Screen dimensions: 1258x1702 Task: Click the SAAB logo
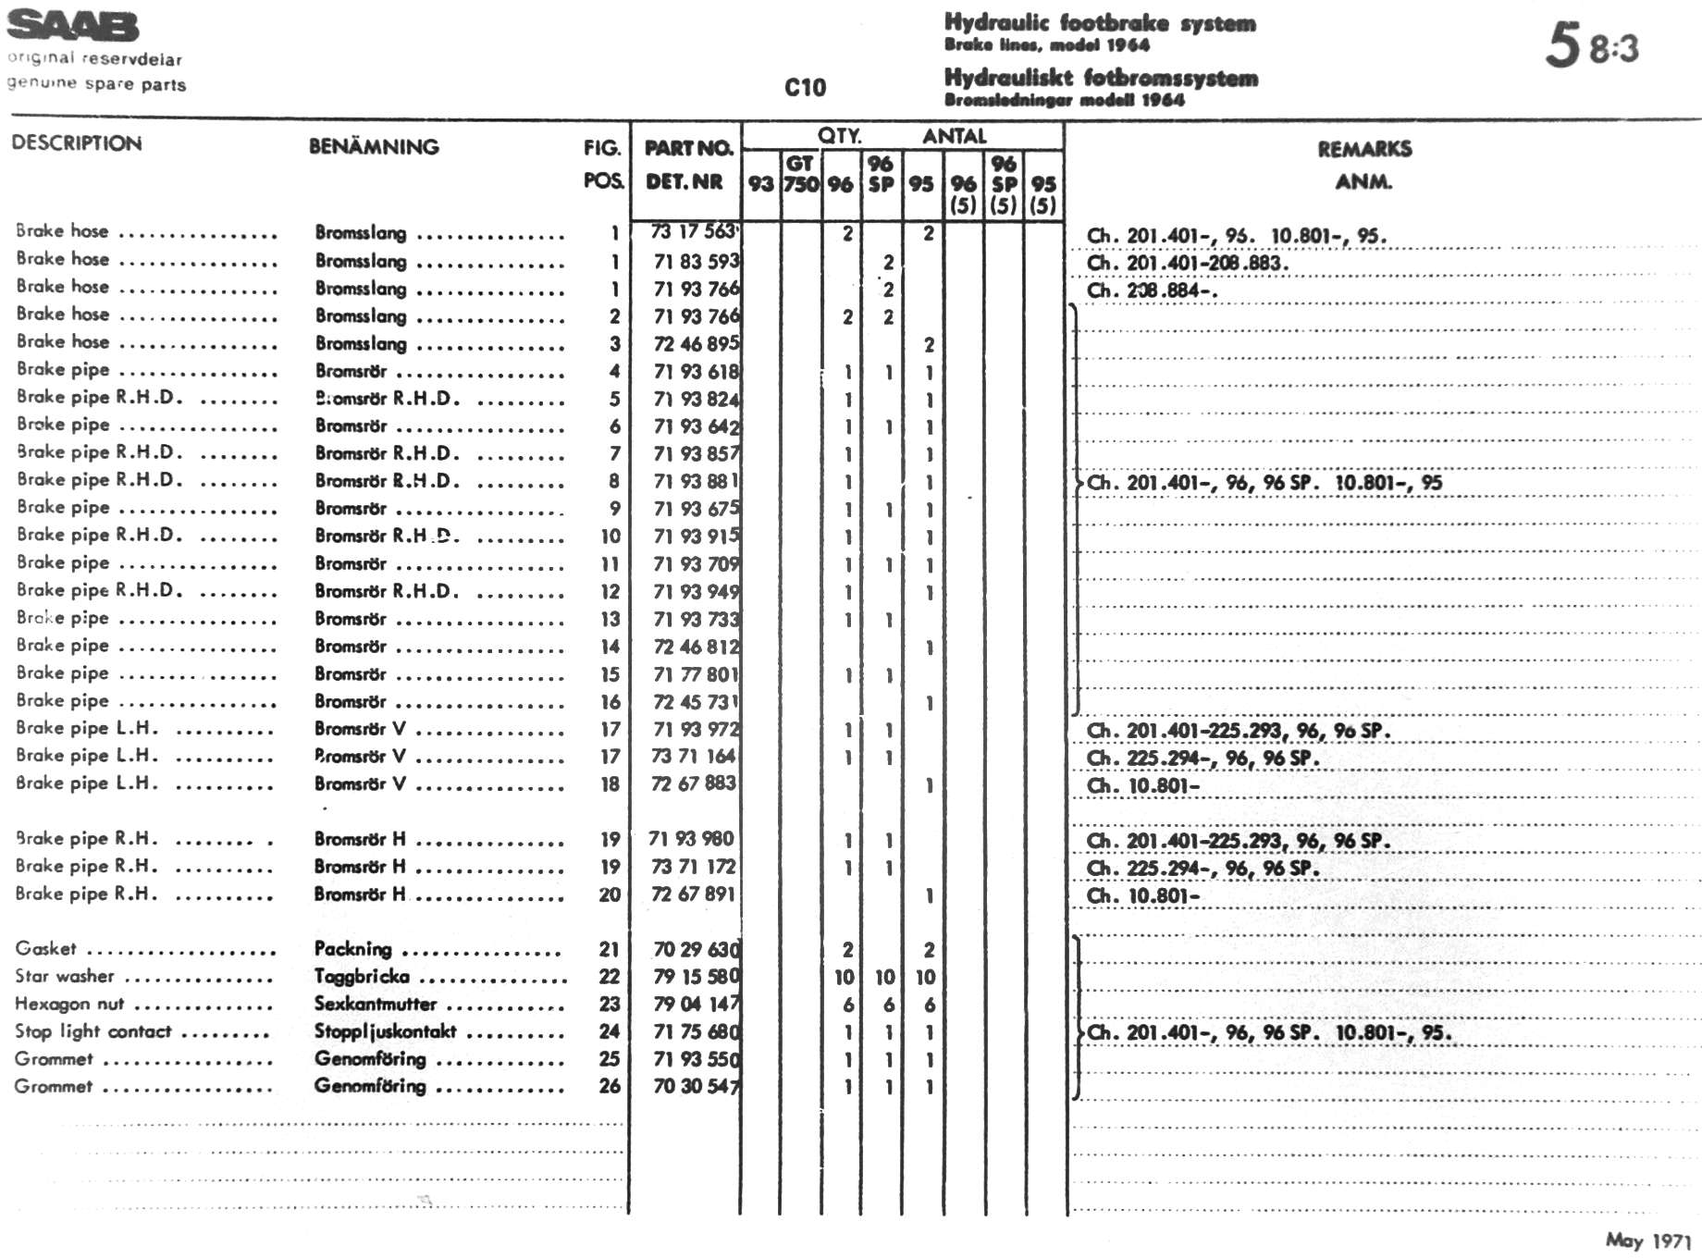(x=73, y=26)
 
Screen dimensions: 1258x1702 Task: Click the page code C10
(x=805, y=88)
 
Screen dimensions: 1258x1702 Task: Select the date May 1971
(x=1647, y=1240)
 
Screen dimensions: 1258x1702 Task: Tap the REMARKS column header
(x=1364, y=149)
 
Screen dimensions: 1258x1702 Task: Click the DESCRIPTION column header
(x=77, y=143)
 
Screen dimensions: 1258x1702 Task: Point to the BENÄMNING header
(x=374, y=146)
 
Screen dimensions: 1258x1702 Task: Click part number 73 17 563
(x=694, y=232)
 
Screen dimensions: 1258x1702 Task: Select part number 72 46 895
(x=696, y=343)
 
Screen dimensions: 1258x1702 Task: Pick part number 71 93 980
(x=691, y=839)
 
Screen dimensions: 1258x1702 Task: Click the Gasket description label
(x=46, y=948)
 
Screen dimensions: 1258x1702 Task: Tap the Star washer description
(x=65, y=976)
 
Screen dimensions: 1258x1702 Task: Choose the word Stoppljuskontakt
(x=385, y=1031)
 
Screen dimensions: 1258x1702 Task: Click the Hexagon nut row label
(x=69, y=1004)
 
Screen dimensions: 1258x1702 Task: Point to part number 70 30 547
(x=696, y=1086)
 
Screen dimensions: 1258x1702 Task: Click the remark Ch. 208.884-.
(x=1152, y=290)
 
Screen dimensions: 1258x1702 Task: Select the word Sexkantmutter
(x=375, y=1004)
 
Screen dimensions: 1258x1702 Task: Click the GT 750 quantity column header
(x=800, y=174)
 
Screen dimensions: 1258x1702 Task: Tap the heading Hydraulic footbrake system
(x=1100, y=22)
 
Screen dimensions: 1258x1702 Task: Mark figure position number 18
(x=610, y=784)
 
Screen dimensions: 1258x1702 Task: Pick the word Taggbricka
(x=361, y=976)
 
